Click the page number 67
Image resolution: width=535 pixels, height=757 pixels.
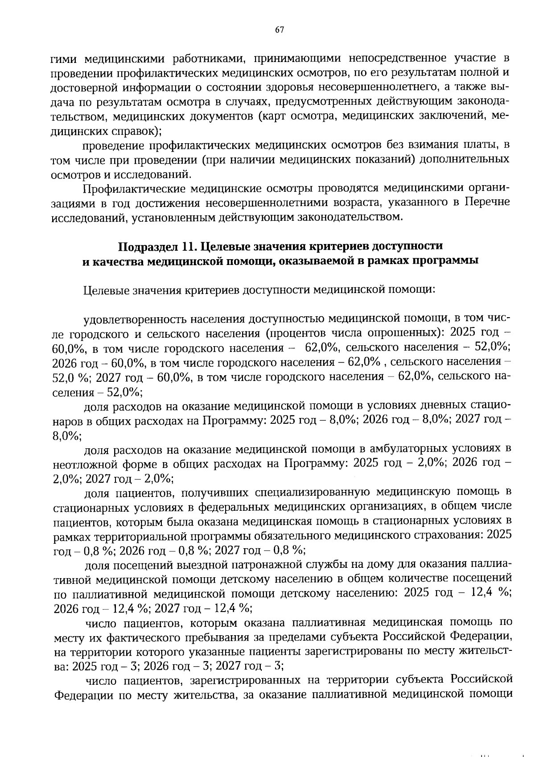[280, 30]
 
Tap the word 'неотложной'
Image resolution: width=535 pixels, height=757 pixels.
[81, 463]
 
